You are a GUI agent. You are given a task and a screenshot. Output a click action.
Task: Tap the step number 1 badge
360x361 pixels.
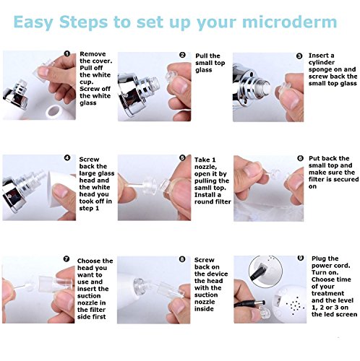(x=67, y=53)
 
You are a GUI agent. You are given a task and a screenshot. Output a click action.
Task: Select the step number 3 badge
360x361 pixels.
(x=299, y=56)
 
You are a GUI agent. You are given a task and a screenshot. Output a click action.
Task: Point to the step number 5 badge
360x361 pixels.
(x=182, y=157)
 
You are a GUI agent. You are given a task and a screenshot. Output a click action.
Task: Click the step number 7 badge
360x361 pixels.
(x=67, y=259)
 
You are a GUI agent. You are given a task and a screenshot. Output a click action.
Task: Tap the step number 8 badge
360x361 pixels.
(x=182, y=259)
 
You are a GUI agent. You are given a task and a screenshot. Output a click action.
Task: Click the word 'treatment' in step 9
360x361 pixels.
(x=327, y=293)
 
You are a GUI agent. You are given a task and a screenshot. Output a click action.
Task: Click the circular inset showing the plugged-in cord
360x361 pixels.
(x=265, y=271)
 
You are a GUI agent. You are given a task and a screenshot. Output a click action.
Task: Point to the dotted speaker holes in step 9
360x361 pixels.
(x=296, y=305)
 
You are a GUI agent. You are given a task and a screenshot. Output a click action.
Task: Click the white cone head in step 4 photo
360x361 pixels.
(x=61, y=189)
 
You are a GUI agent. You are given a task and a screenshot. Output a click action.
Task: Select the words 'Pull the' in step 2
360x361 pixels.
(x=207, y=56)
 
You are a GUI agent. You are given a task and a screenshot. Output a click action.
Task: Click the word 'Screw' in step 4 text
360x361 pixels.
(x=89, y=160)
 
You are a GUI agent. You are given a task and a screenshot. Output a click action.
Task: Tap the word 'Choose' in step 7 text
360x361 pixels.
(x=87, y=261)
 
